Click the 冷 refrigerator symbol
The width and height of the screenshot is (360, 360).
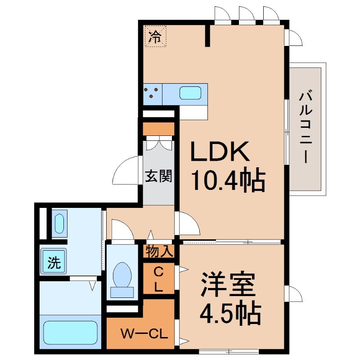click(155, 36)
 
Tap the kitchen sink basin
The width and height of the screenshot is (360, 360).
click(190, 93)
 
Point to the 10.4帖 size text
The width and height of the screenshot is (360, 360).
click(228, 180)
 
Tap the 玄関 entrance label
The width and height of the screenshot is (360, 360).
click(158, 176)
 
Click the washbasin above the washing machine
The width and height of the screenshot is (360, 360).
click(58, 223)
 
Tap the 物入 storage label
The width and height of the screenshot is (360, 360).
click(158, 251)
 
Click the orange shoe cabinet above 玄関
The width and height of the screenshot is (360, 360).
click(158, 129)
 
